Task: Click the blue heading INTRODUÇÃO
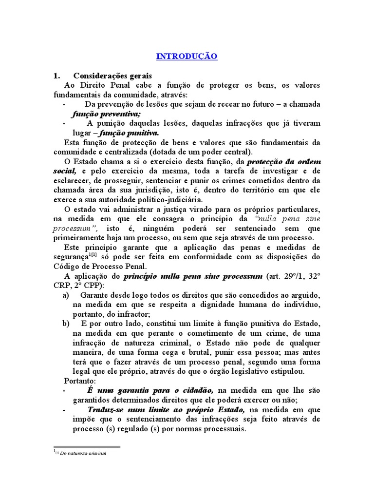(187, 57)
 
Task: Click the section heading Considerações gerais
(112, 76)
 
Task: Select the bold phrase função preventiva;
(106, 114)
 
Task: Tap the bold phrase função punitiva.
(130, 133)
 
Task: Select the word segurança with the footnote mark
(70, 257)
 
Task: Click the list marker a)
(66, 295)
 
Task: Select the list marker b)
(66, 324)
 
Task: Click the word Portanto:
(80, 381)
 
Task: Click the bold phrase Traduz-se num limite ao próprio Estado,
(167, 409)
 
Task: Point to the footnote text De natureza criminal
(83, 453)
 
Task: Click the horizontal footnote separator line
(86, 446)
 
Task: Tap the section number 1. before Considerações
(56, 76)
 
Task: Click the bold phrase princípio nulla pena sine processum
(193, 276)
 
